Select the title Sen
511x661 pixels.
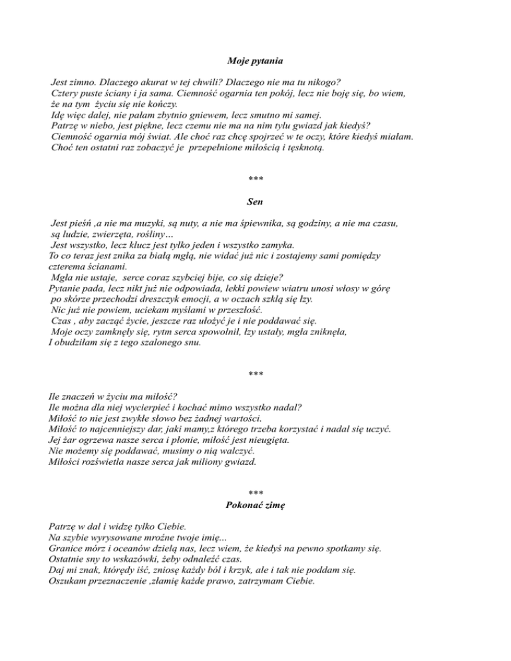tap(255, 199)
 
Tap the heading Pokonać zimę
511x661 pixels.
tap(255, 505)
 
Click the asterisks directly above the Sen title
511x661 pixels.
tap(255, 179)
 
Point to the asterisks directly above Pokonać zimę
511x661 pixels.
tap(255, 493)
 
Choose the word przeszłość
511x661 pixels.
tap(236, 310)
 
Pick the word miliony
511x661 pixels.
tap(198, 461)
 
